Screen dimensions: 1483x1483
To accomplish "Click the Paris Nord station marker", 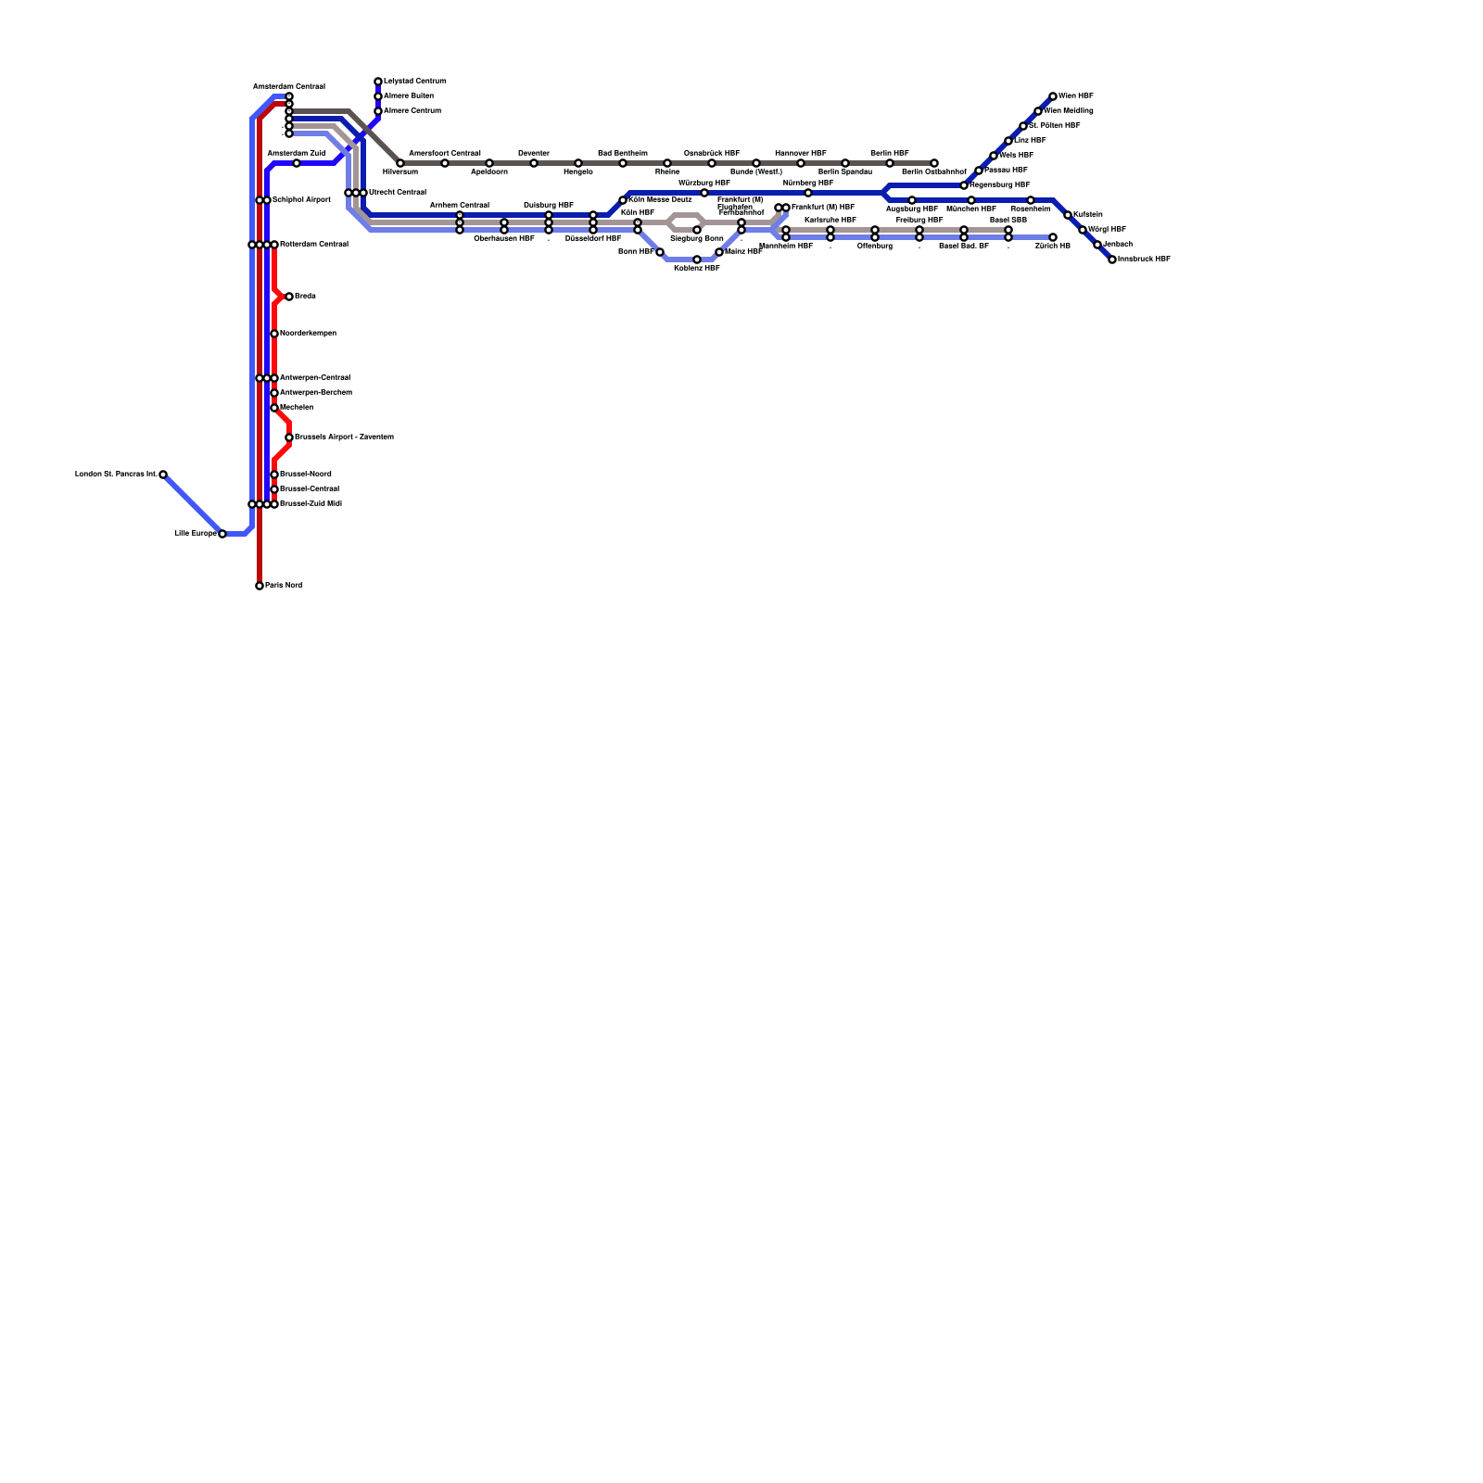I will tap(260, 586).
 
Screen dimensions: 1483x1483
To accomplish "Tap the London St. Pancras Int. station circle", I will tap(163, 475).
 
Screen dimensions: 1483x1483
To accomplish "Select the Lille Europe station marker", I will tap(222, 534).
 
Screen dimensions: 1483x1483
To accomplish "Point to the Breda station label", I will tap(305, 297).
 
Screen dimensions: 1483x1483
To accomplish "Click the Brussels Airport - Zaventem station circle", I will tap(289, 437).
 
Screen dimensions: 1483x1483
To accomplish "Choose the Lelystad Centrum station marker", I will tap(378, 82).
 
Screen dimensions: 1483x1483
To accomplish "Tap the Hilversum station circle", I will tap(400, 163).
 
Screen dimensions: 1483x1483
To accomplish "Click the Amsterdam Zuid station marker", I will tap(297, 163).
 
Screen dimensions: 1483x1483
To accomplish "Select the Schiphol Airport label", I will tap(301, 200).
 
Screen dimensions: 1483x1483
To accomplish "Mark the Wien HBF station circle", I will tap(1053, 96).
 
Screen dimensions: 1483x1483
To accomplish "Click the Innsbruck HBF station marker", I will tap(1112, 260).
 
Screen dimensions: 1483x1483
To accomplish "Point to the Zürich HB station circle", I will tap(1053, 237).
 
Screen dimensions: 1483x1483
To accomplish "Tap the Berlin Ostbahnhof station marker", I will tap(934, 163).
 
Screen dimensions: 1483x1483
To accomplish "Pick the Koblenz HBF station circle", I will tap(697, 260).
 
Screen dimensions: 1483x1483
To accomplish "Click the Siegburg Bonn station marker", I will tap(697, 230).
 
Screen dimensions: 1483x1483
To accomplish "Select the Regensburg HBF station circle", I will tap(964, 185).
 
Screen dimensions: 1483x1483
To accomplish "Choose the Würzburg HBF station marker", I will tap(704, 193).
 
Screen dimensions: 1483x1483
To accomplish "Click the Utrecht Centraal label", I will tap(397, 193).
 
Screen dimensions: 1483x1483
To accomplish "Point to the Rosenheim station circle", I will tap(1031, 200).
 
